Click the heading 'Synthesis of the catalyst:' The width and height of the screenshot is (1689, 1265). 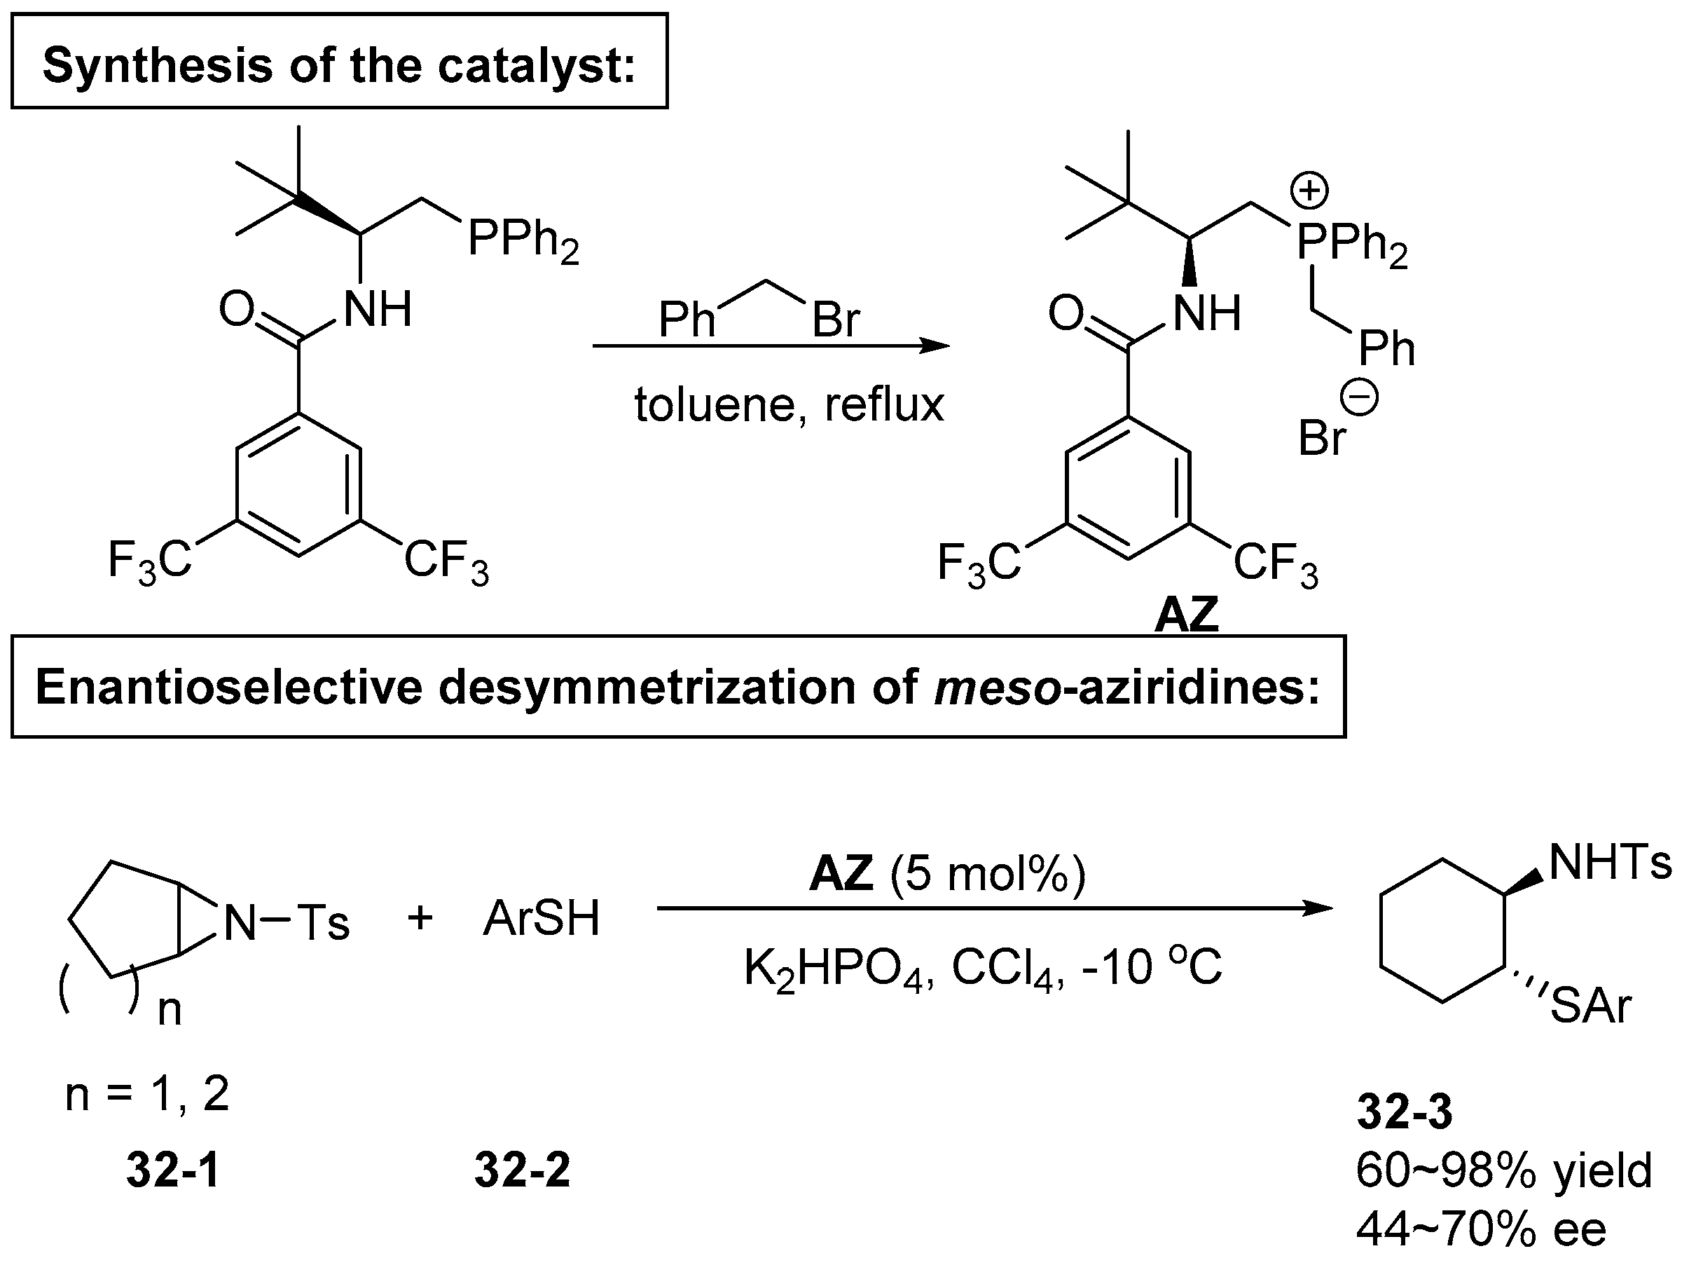click(x=339, y=64)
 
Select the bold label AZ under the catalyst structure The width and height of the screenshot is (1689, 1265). click(x=1186, y=614)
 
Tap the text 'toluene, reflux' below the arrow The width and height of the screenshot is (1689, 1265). click(x=789, y=404)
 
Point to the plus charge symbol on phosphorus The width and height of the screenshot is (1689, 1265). click(x=1309, y=190)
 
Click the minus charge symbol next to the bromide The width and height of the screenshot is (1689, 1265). click(x=1360, y=398)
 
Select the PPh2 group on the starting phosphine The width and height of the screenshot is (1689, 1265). click(x=523, y=240)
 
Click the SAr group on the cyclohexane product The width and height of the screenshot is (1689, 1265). click(x=1590, y=1006)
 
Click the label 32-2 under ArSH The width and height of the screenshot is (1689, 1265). click(x=523, y=1170)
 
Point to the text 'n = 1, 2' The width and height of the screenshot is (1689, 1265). click(x=147, y=1094)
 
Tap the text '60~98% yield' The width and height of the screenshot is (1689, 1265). click(x=1503, y=1170)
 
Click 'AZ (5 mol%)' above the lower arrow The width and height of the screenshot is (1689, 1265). click(x=947, y=873)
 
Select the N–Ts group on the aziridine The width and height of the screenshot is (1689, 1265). click(x=287, y=922)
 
